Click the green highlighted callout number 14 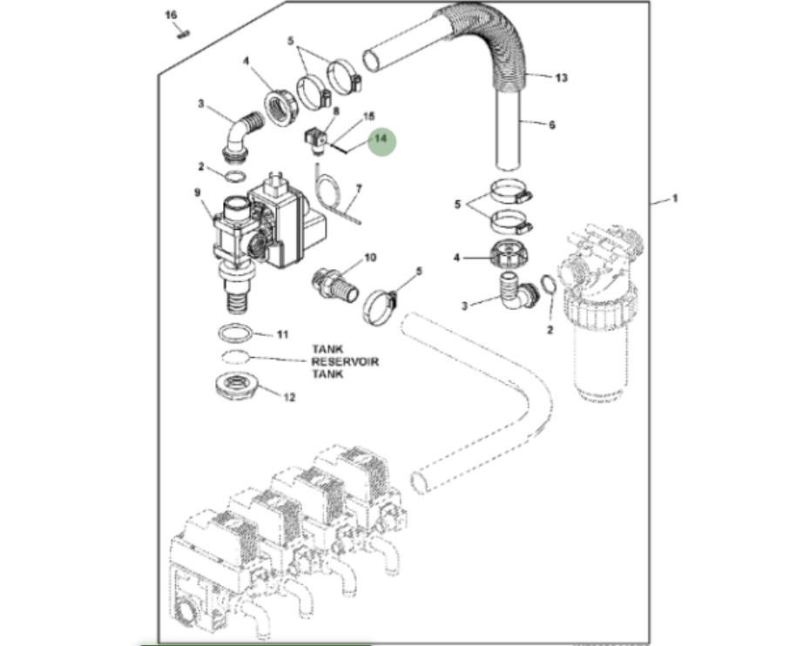tap(381, 139)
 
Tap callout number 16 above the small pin tap(171, 16)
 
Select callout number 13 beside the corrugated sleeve tap(561, 77)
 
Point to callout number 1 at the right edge tap(674, 199)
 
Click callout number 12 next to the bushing tap(289, 397)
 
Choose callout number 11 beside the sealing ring tap(281, 334)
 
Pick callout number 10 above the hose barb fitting tap(369, 258)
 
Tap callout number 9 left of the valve tap(197, 192)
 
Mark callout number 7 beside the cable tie tap(358, 188)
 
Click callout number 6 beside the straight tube tap(551, 125)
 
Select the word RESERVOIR tap(345, 361)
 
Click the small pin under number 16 tap(181, 34)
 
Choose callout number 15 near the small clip tap(368, 116)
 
